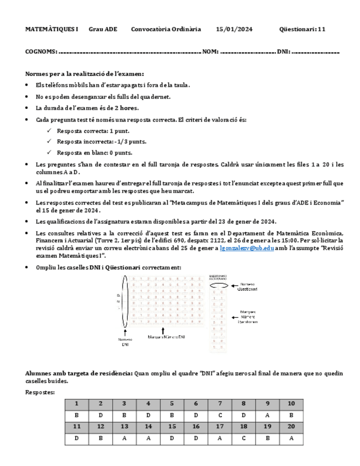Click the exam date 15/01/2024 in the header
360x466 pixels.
(x=234, y=29)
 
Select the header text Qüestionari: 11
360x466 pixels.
(x=302, y=29)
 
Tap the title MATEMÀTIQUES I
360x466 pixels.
(x=52, y=29)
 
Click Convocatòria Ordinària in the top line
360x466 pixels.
(x=166, y=29)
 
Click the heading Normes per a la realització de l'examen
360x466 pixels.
(x=85, y=74)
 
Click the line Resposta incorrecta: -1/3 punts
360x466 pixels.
(x=101, y=142)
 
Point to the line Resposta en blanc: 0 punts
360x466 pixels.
(x=94, y=153)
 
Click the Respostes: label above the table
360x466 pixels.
(x=40, y=392)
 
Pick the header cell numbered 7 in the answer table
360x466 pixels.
(x=219, y=404)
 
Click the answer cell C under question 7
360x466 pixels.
(x=219, y=415)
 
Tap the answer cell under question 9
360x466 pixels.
(x=267, y=415)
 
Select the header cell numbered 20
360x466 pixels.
(x=291, y=426)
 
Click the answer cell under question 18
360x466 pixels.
(x=243, y=439)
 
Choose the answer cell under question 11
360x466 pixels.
(x=76, y=439)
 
